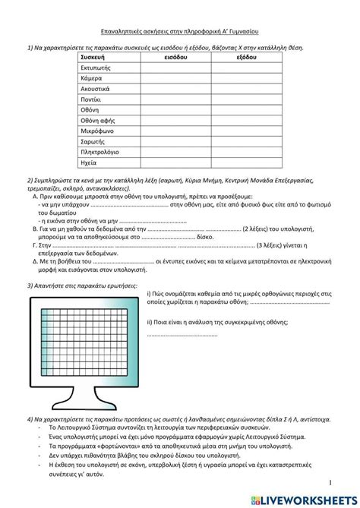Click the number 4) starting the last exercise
[30, 418]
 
